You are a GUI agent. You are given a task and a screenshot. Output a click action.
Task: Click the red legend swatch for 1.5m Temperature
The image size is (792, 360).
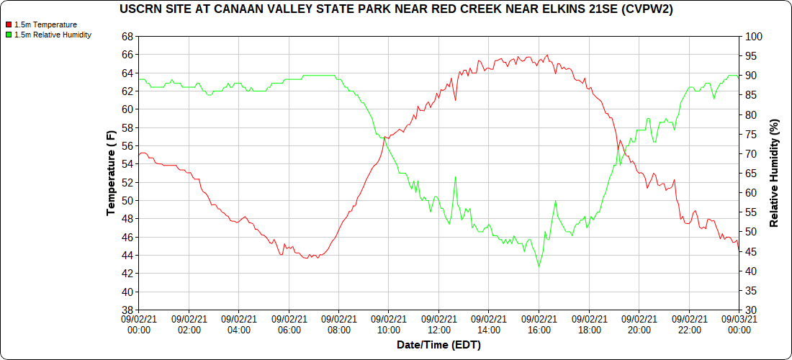pyautogui.click(x=9, y=24)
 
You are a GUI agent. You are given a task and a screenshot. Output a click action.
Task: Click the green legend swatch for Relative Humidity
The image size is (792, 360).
pyautogui.click(x=9, y=34)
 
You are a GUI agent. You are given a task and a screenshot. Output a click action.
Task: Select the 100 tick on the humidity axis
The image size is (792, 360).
pyautogui.click(x=753, y=36)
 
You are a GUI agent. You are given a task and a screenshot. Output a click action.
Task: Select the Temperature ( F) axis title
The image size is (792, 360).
pyautogui.click(x=111, y=173)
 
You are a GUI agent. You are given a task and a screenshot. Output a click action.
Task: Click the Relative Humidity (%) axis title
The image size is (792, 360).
pyautogui.click(x=775, y=173)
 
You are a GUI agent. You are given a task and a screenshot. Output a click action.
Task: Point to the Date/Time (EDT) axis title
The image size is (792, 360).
pyautogui.click(x=438, y=345)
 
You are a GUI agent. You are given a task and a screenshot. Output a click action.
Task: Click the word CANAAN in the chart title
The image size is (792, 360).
pyautogui.click(x=251, y=9)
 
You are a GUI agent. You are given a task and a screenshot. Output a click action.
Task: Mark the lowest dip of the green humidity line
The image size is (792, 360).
pyautogui.click(x=538, y=267)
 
